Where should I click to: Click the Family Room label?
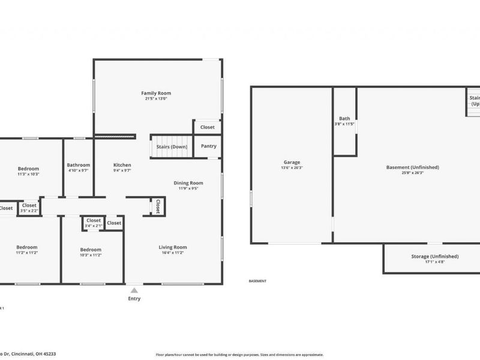pyautogui.click(x=156, y=93)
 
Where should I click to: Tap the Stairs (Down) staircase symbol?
pyautogui.click(x=172, y=146)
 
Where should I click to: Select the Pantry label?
pyautogui.click(x=208, y=146)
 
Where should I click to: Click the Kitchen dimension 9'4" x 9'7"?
pyautogui.click(x=122, y=170)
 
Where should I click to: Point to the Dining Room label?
pyautogui.click(x=188, y=183)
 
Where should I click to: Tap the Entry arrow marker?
pyautogui.click(x=134, y=290)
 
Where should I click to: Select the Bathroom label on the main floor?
pyautogui.click(x=79, y=165)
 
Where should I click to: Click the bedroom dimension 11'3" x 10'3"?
pyautogui.click(x=28, y=175)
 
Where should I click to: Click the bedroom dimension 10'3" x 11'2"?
pyautogui.click(x=91, y=255)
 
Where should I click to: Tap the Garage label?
pyautogui.click(x=292, y=162)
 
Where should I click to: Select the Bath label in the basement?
pyautogui.click(x=344, y=118)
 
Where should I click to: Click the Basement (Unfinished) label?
pyautogui.click(x=412, y=167)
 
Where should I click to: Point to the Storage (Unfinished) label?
pyautogui.click(x=435, y=256)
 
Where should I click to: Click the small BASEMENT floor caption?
pyautogui.click(x=257, y=281)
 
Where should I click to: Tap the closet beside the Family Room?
pyautogui.click(x=208, y=127)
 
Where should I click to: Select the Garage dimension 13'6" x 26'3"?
pyautogui.click(x=292, y=168)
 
